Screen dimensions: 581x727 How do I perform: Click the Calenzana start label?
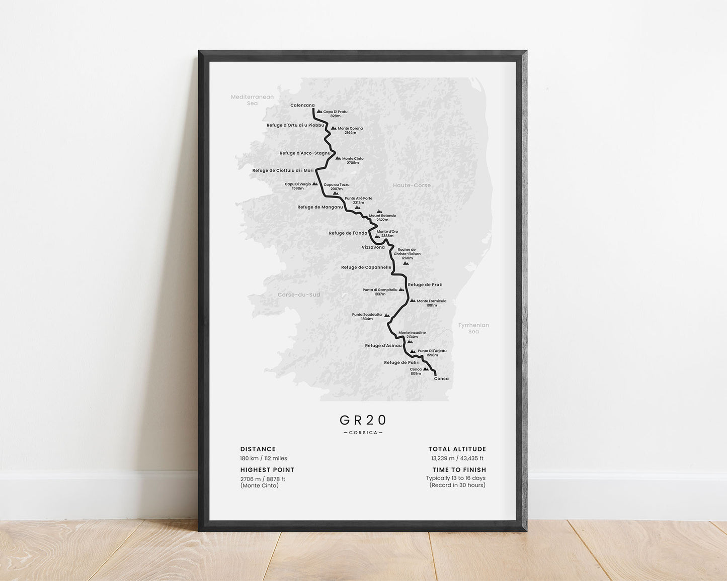pyautogui.click(x=302, y=105)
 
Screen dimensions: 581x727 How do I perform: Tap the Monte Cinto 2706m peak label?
pyautogui.click(x=353, y=161)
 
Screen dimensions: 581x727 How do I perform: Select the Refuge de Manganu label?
pyautogui.click(x=320, y=207)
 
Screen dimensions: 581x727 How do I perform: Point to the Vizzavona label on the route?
pyautogui.click(x=373, y=247)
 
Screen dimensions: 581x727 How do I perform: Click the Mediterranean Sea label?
pyautogui.click(x=252, y=100)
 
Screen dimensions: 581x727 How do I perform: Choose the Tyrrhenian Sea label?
pyautogui.click(x=473, y=328)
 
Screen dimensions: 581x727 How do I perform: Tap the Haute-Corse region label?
pyautogui.click(x=412, y=185)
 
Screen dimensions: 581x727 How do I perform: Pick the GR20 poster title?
pyautogui.click(x=363, y=420)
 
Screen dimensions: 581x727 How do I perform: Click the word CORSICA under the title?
pyautogui.click(x=363, y=433)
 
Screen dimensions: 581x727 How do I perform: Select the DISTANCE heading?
pyautogui.click(x=258, y=449)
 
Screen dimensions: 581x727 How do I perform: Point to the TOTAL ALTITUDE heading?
pyautogui.click(x=457, y=449)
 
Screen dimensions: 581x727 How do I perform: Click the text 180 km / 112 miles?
pyautogui.click(x=264, y=458)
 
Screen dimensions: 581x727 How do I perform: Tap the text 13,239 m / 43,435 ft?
pyautogui.click(x=457, y=458)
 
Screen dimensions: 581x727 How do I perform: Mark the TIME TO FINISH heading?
pyautogui.click(x=459, y=470)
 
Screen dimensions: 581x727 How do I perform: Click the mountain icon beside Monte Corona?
pyautogui.click(x=333, y=128)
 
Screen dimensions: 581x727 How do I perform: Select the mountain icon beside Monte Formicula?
pyautogui.click(x=413, y=301)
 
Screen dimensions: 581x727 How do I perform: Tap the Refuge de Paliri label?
pyautogui.click(x=401, y=362)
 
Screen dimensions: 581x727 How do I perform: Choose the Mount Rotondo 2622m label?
pyautogui.click(x=382, y=218)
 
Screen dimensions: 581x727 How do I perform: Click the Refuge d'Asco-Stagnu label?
pyautogui.click(x=305, y=153)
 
